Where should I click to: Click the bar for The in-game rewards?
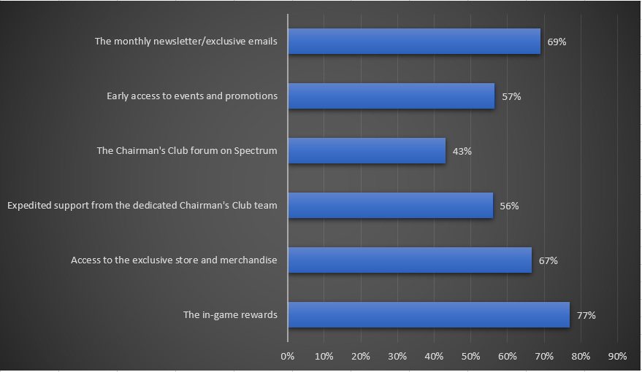[x=428, y=315]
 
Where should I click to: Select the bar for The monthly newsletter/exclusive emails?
[x=413, y=42]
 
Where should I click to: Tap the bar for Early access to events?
[x=391, y=96]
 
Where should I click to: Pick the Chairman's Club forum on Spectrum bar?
[x=366, y=151]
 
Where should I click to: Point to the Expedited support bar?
[x=390, y=206]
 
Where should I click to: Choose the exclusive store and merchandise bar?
[x=409, y=260]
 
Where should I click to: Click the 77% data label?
[x=586, y=315]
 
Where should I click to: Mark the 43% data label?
[x=462, y=151]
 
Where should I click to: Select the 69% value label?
[x=557, y=42]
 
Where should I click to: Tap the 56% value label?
[x=509, y=206]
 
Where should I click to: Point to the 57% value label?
[x=511, y=96]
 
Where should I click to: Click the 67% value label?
[x=548, y=260]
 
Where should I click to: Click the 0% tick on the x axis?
[x=287, y=357]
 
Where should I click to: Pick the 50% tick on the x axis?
[x=470, y=357]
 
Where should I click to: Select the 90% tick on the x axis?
[x=617, y=357]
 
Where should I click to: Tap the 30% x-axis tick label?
[x=397, y=357]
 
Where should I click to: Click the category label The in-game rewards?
[x=230, y=315]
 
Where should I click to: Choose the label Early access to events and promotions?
[x=191, y=96]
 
